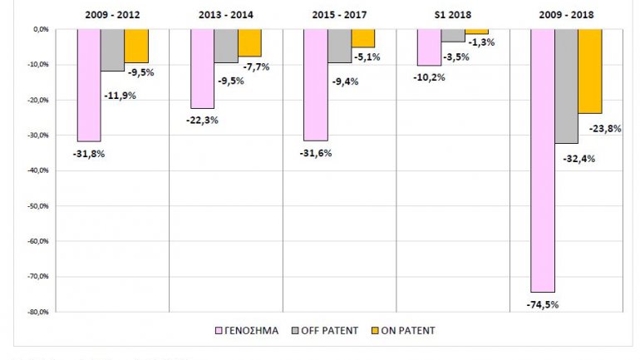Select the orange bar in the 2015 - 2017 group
362,38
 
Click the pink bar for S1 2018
429,47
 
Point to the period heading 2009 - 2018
566,14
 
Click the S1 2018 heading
452,14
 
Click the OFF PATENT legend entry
329,330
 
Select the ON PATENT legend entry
405,330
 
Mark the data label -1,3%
480,42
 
